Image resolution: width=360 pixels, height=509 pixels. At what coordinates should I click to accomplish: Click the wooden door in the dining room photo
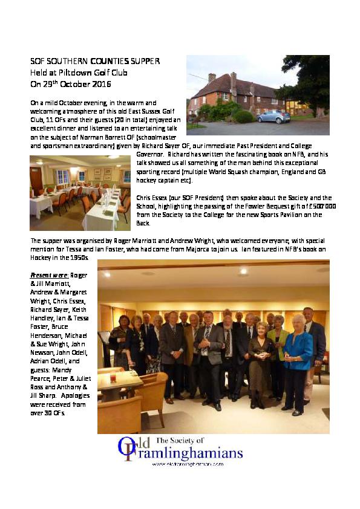pyautogui.click(x=37, y=179)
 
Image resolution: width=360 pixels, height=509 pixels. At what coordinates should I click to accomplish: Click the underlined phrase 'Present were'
pyautogui.click(x=49, y=275)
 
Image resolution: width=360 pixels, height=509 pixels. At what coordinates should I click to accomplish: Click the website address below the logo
pyautogui.click(x=188, y=464)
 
